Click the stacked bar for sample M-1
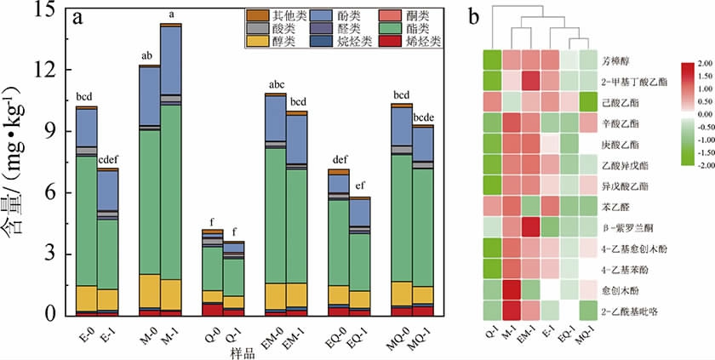pyautogui.click(x=171, y=170)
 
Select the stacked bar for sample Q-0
pyautogui.click(x=213, y=272)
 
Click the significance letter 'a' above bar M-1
pyautogui.click(x=172, y=14)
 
